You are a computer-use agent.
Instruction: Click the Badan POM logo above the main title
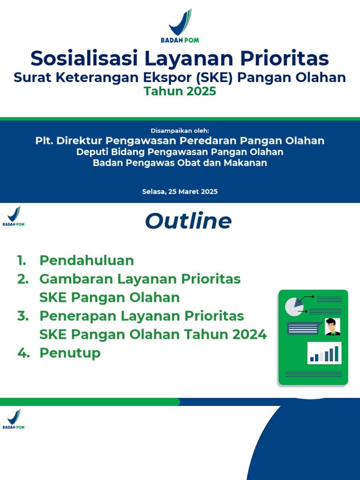point(180,25)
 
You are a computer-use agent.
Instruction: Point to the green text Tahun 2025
point(180,91)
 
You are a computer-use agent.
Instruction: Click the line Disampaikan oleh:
point(180,130)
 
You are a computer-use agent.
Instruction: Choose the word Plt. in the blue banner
point(44,141)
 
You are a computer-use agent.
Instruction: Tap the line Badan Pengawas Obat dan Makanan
point(180,163)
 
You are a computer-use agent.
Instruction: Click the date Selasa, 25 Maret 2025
point(180,192)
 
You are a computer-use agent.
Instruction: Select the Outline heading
point(188,221)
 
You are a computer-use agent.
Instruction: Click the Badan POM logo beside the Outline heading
point(14,216)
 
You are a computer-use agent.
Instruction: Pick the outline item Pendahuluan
point(87,260)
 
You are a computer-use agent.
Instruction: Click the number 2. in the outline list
point(22,279)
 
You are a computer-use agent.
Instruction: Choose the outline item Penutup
point(70,353)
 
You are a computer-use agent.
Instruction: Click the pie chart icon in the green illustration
point(294,306)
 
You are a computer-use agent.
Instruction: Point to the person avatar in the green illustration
point(332,327)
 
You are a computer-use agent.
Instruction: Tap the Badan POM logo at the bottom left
point(14,419)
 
